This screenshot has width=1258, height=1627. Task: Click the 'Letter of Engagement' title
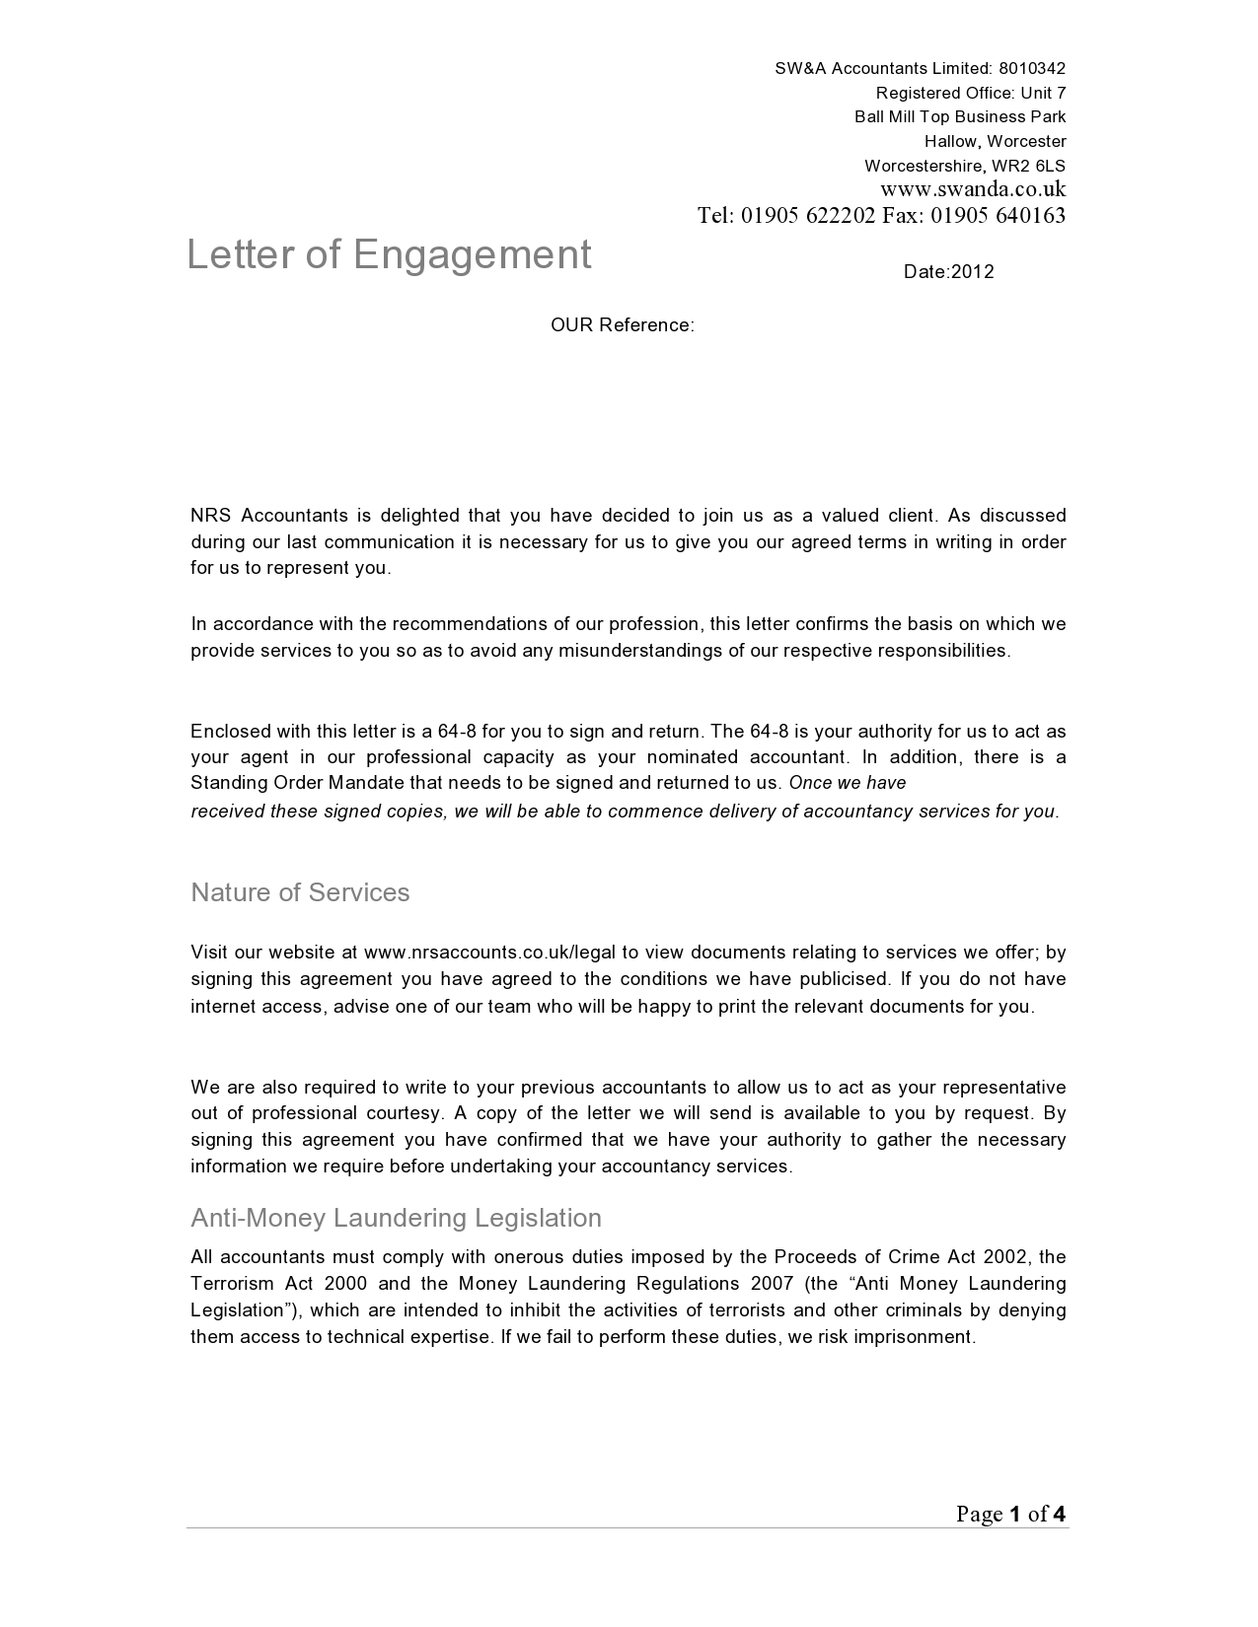[x=389, y=254]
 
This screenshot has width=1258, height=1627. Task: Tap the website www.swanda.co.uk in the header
[x=972, y=189]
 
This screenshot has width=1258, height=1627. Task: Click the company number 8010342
[x=1032, y=68]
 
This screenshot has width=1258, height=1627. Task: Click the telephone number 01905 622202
[x=808, y=216]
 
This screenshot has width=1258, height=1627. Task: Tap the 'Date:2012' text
[x=948, y=272]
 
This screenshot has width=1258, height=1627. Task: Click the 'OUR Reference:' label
[x=622, y=325]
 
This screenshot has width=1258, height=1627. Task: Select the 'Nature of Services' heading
[x=300, y=892]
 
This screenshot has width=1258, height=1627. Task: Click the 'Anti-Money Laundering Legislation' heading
[x=396, y=1218]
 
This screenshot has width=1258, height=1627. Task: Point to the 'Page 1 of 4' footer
[x=1010, y=1514]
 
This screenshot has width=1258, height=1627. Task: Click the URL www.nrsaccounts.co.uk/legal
[x=489, y=953]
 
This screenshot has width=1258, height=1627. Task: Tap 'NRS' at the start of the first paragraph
[x=210, y=515]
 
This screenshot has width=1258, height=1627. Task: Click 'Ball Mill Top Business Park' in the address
[x=960, y=116]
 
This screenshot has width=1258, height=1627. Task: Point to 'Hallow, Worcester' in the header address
[x=995, y=141]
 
